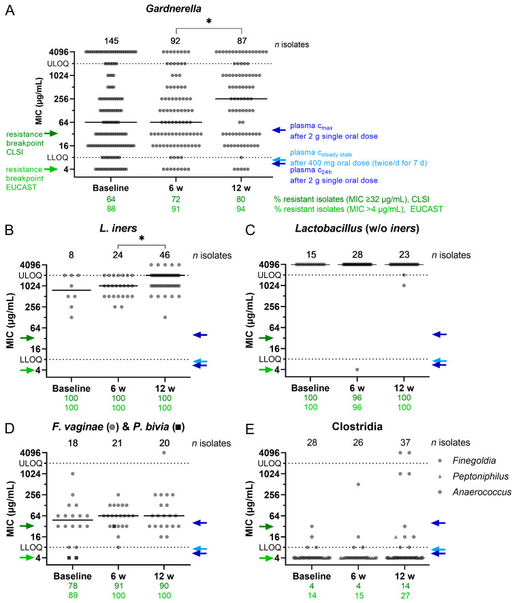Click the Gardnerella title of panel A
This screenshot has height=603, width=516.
(174, 8)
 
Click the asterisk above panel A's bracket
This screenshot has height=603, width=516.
(208, 20)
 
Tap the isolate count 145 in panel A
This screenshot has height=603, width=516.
(112, 41)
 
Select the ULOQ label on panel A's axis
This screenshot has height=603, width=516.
(58, 64)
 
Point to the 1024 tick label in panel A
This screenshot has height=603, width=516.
(59, 76)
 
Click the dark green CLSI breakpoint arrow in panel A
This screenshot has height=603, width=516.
(51, 134)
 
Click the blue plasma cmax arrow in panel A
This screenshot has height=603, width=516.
(279, 130)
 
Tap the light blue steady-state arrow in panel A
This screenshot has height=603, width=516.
(279, 160)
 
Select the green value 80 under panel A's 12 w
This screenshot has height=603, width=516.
(241, 199)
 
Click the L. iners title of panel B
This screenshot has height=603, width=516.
(118, 228)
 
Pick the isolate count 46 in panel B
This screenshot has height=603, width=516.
(165, 255)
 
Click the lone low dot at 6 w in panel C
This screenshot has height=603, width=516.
(357, 369)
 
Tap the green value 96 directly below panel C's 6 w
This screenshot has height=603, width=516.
(357, 398)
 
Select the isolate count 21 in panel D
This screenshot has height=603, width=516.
(117, 443)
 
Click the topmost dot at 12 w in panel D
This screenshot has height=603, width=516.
(164, 452)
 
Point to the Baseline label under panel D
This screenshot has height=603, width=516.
(73, 576)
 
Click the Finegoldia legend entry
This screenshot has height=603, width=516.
(474, 461)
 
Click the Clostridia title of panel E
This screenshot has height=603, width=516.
(357, 427)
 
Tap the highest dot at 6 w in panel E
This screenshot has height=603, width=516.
(358, 484)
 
